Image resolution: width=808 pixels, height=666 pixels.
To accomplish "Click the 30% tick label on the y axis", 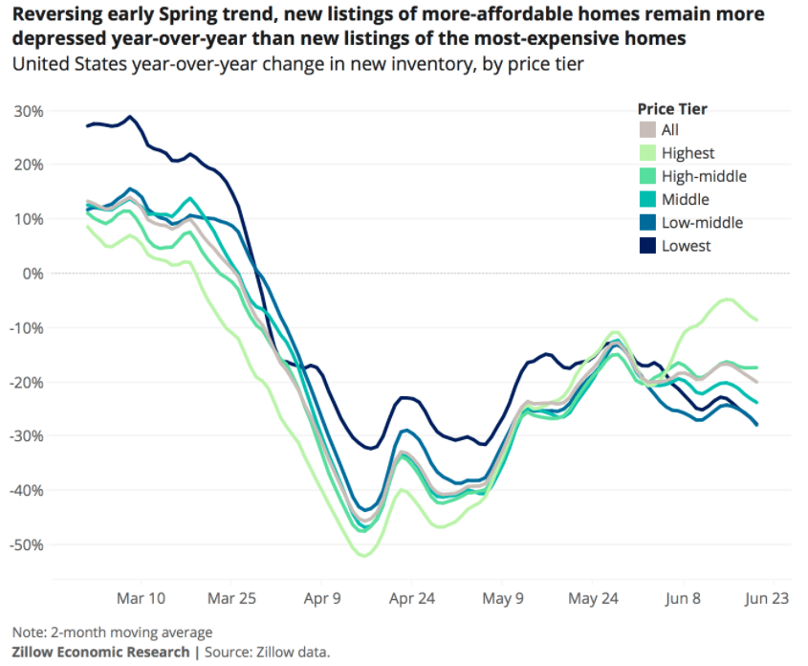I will coord(29,111).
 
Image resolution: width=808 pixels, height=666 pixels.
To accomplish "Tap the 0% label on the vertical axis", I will coord(34,274).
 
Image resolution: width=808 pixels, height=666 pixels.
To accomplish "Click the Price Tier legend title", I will coord(672,109).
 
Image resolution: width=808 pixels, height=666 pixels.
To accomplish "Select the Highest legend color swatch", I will coord(647,153).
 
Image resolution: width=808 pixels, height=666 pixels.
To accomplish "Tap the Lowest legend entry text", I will coord(686,246).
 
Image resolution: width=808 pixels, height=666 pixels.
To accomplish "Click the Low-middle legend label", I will coord(702,223).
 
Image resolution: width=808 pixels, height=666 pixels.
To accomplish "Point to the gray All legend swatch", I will coord(647,130).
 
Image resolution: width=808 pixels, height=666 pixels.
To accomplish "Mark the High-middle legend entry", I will coord(704,176).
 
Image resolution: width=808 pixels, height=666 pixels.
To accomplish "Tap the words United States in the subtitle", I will coord(59,64).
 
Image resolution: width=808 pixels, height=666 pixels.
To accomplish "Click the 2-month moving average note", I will coord(112,632).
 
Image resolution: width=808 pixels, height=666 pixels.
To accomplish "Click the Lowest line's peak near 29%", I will coord(130,117).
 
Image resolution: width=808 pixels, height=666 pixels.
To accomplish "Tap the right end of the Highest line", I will coord(757,319).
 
